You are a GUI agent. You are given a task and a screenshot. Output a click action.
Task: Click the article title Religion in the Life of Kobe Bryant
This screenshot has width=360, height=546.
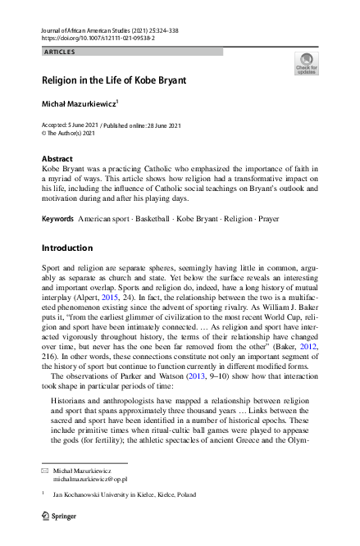(x=114, y=81)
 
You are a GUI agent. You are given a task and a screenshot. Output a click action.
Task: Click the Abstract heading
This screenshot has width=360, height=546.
(x=57, y=157)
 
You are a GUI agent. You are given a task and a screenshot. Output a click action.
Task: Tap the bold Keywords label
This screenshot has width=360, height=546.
(x=57, y=219)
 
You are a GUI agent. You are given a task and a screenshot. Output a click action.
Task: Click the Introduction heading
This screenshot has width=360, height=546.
(x=67, y=248)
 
